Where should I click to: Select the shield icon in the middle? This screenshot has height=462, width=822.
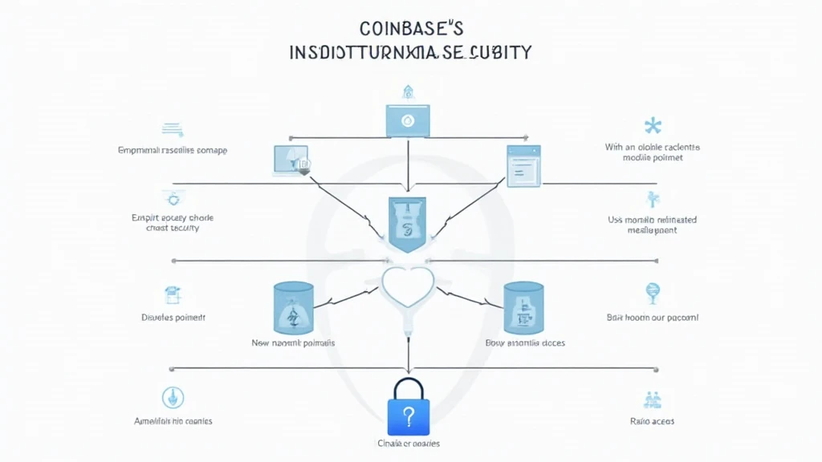pos(408,223)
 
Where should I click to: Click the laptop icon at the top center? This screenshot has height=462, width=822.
pos(408,120)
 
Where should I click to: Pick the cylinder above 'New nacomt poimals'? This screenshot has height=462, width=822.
pos(293,308)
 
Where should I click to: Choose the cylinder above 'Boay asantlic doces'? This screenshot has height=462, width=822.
pos(524,308)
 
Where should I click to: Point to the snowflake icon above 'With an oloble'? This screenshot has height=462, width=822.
pos(653,126)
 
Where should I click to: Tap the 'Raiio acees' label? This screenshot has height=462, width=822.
pos(653,421)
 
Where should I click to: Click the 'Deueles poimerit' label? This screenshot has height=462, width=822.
pos(173,318)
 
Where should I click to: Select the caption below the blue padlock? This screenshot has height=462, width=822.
pos(408,444)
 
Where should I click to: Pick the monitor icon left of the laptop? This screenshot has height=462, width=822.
pos(291,161)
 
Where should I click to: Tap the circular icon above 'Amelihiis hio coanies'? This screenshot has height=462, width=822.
pos(173,396)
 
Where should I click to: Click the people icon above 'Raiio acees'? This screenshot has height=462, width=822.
pos(652,399)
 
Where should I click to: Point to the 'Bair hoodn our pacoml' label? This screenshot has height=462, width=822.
pos(653,318)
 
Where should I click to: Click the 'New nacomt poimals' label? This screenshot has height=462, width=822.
pos(293,343)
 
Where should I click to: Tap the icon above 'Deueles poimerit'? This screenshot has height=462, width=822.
pos(173,295)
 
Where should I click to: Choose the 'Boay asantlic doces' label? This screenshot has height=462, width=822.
pos(525,343)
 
